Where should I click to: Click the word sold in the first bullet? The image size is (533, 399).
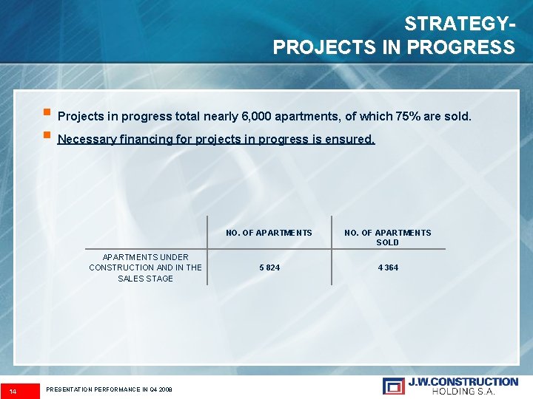pos(457,117)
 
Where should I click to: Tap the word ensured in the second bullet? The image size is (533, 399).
pos(352,139)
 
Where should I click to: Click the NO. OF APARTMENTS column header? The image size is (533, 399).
pos(269,233)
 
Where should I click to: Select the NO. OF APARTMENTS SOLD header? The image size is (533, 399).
pos(387,237)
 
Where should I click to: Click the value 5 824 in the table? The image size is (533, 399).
pos(269,267)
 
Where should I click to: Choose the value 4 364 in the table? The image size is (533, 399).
pos(387,267)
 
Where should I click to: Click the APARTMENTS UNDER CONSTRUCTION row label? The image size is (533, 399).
pos(145,267)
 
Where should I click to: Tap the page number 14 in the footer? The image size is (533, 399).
pos(13,389)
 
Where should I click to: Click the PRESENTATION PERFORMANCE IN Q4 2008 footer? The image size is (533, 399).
pos(109,389)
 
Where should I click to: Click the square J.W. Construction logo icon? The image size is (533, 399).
pos(393,386)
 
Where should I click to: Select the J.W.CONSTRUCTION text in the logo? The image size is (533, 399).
pos(463,381)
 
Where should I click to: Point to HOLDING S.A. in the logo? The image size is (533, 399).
pos(463,391)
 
